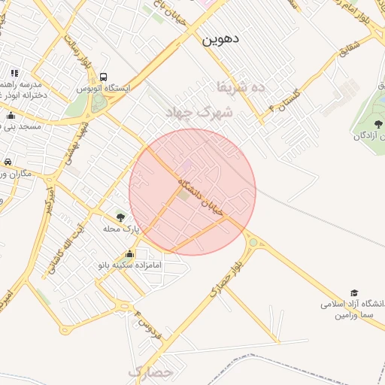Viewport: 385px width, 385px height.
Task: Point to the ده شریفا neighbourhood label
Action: point(241,86)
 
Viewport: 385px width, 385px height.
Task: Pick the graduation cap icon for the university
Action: point(354,293)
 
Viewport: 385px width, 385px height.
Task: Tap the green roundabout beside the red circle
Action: point(253,242)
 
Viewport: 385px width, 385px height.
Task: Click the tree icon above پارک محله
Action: point(120,217)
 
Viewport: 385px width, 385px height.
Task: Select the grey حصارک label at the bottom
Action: point(150,371)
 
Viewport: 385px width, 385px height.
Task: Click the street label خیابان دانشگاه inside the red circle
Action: point(201,197)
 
